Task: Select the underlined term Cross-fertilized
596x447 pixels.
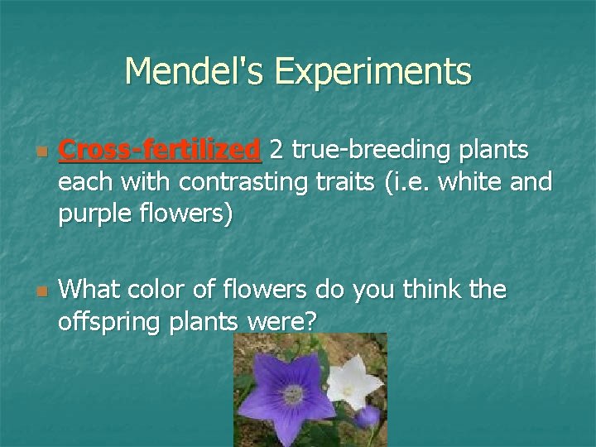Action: pyautogui.click(x=160, y=150)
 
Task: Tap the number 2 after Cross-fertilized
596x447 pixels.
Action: pyautogui.click(x=279, y=150)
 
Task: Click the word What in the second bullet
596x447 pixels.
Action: pyautogui.click(x=89, y=291)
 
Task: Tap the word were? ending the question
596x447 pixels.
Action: pyautogui.click(x=278, y=321)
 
